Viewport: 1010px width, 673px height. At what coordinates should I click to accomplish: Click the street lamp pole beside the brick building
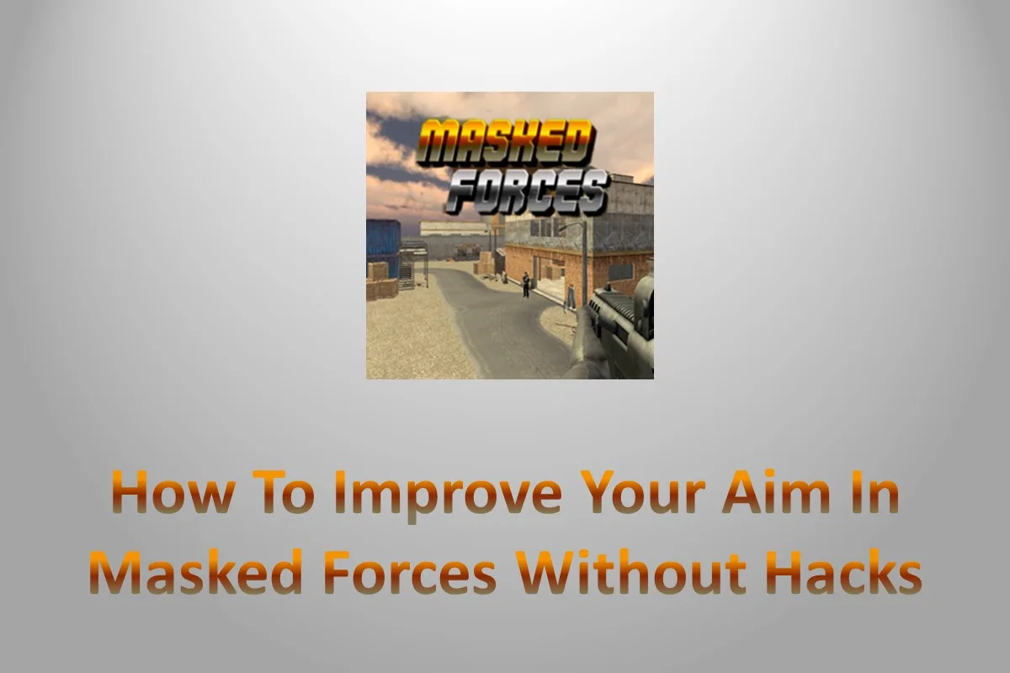(x=584, y=261)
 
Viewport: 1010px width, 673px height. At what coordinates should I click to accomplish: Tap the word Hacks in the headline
(x=842, y=575)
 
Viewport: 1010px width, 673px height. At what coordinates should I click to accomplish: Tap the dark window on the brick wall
(x=620, y=271)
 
